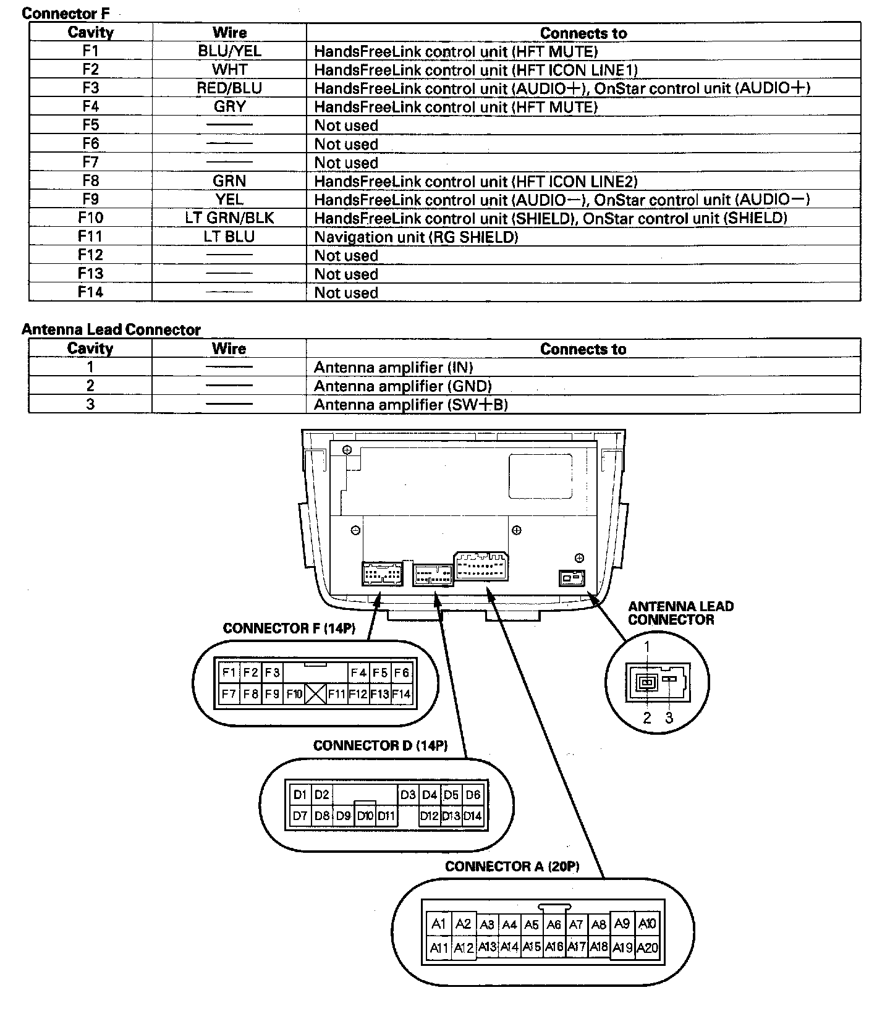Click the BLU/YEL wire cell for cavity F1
pos(229,51)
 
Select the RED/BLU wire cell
pos(229,88)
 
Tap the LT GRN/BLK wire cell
pos(229,218)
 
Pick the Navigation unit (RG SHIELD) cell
pos(416,237)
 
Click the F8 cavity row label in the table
pos(90,180)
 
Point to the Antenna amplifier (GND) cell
pos(402,386)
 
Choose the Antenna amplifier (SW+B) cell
pos(410,404)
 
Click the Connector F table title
pos(66,13)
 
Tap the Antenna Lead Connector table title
pos(111,329)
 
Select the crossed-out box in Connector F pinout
pos(315,694)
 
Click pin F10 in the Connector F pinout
pos(294,694)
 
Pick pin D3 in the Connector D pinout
pos(407,795)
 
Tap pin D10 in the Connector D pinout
pos(365,816)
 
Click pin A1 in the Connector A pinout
pos(439,924)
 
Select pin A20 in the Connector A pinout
pos(647,947)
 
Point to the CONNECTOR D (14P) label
pos(380,745)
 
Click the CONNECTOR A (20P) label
pos(512,866)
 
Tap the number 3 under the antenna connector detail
pos(669,717)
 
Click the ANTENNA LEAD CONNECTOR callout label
pos(680,613)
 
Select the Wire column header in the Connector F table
pos(229,33)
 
